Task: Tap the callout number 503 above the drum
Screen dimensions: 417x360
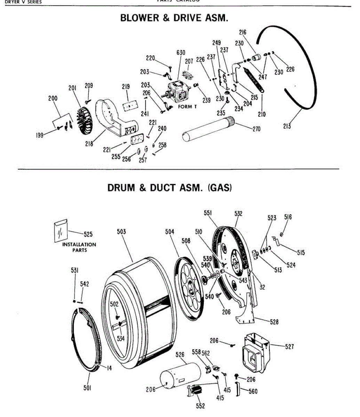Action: (x=121, y=232)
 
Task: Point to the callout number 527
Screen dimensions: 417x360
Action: (x=289, y=346)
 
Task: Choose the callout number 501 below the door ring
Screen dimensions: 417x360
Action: (x=87, y=388)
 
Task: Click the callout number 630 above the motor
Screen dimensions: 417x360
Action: (x=181, y=53)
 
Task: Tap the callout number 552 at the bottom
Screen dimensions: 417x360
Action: (x=200, y=406)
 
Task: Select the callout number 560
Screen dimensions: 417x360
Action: (x=253, y=391)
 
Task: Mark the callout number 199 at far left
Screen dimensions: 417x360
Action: (x=40, y=135)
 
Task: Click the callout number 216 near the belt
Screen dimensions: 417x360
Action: (x=242, y=32)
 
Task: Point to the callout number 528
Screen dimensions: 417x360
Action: (x=274, y=322)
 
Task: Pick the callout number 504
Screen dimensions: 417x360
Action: (x=170, y=232)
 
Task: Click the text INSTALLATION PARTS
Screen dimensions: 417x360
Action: (x=79, y=247)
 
